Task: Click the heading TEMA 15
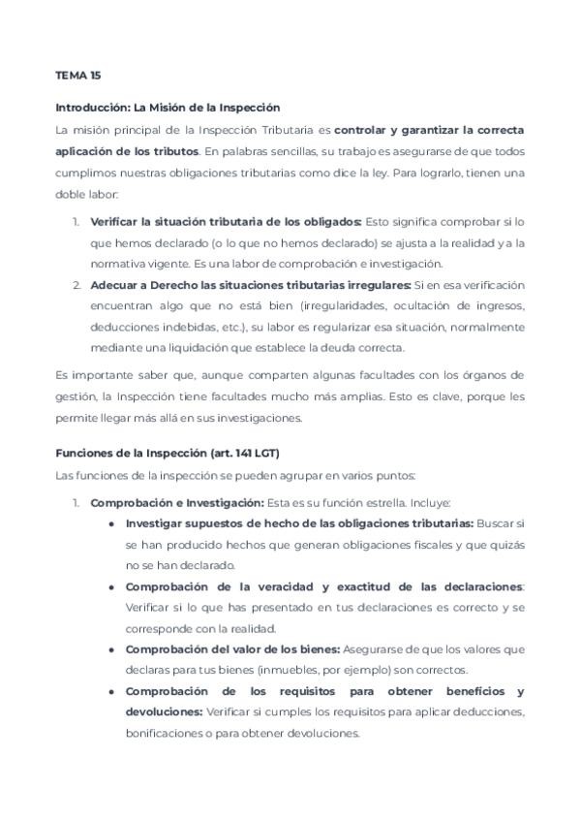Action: pos(77,76)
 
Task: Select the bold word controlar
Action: pos(366,129)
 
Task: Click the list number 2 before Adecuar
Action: pos(76,285)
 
